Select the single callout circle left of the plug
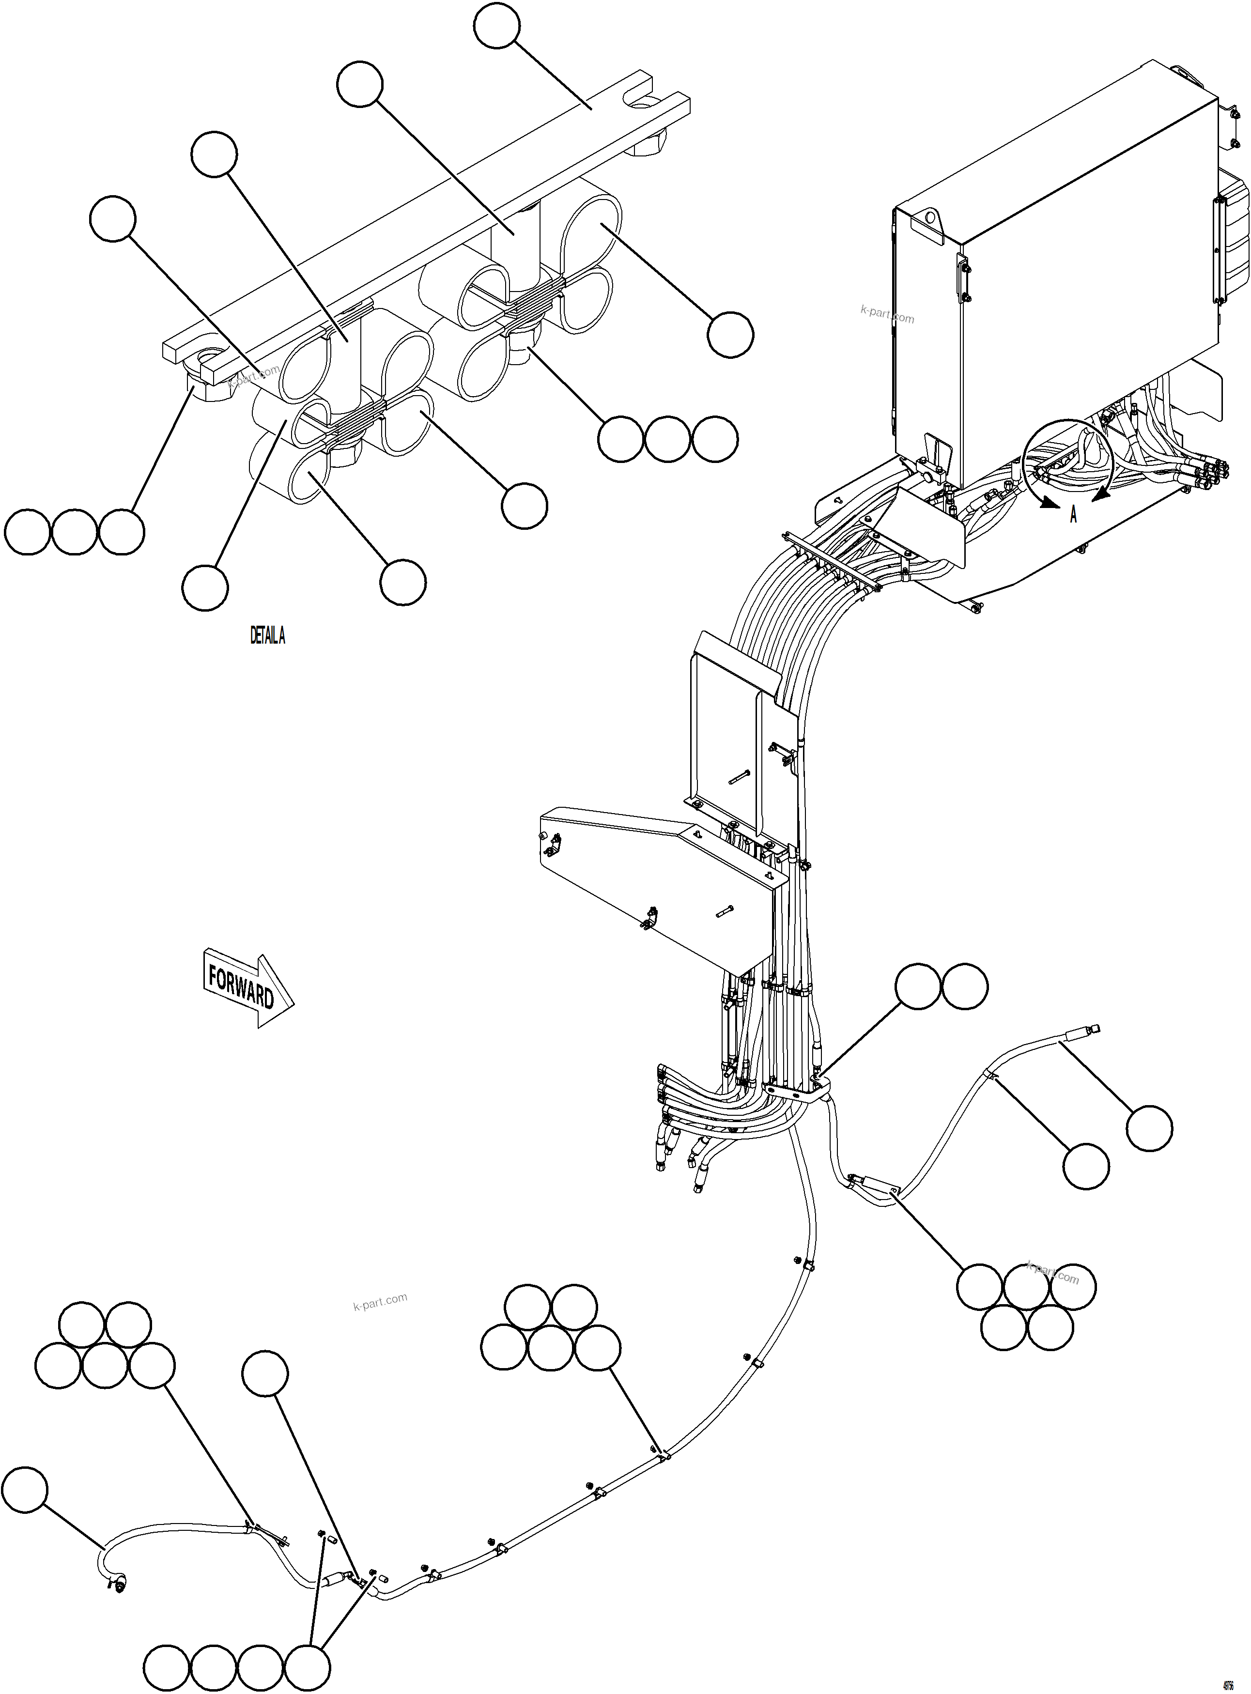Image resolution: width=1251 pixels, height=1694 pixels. pos(25,1490)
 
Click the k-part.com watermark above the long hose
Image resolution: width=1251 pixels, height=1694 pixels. pos(380,1301)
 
